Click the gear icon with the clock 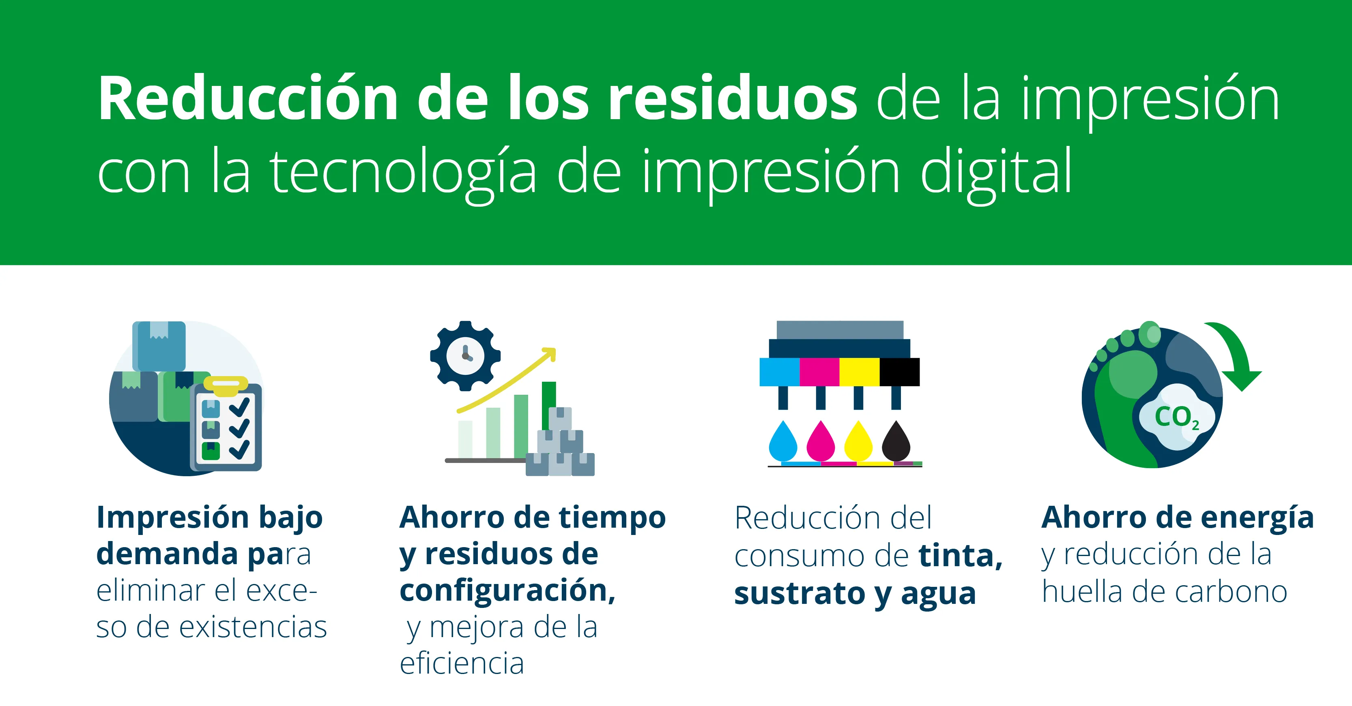465,355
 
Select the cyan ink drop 782,442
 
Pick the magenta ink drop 820,442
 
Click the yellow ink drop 858,442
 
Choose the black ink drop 896,442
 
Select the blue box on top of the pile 159,345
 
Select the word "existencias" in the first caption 253,627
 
